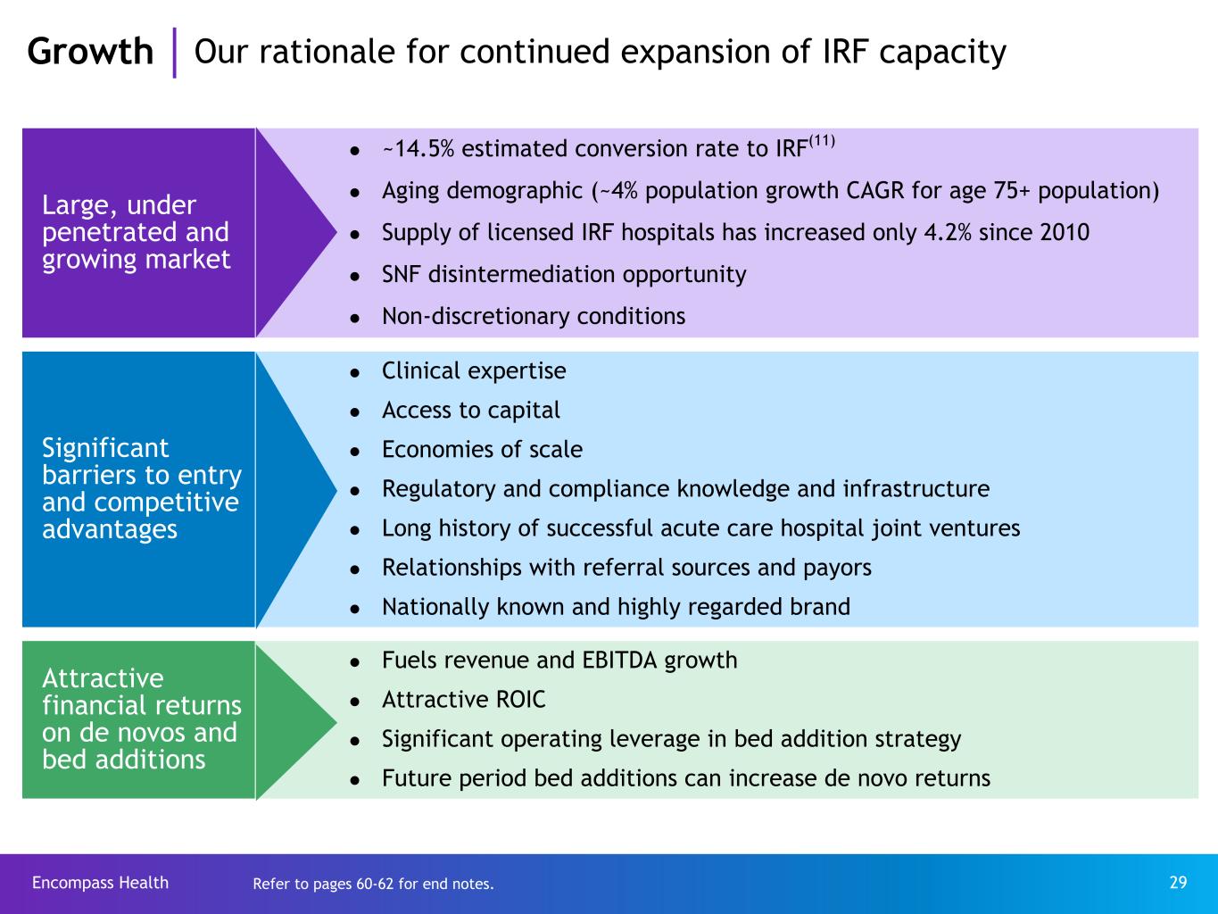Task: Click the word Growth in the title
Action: [90, 52]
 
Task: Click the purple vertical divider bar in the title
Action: [174, 53]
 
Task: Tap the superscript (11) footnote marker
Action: [822, 141]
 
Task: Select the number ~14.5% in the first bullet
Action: [418, 149]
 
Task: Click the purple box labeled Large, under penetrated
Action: [138, 233]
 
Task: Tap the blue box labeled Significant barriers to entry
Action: [138, 489]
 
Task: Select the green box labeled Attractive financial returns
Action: [138, 719]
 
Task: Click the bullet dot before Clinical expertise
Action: [355, 373]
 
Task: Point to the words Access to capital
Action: [470, 411]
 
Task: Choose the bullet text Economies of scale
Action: [482, 450]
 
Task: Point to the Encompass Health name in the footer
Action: [100, 883]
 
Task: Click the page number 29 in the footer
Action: [1178, 883]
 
